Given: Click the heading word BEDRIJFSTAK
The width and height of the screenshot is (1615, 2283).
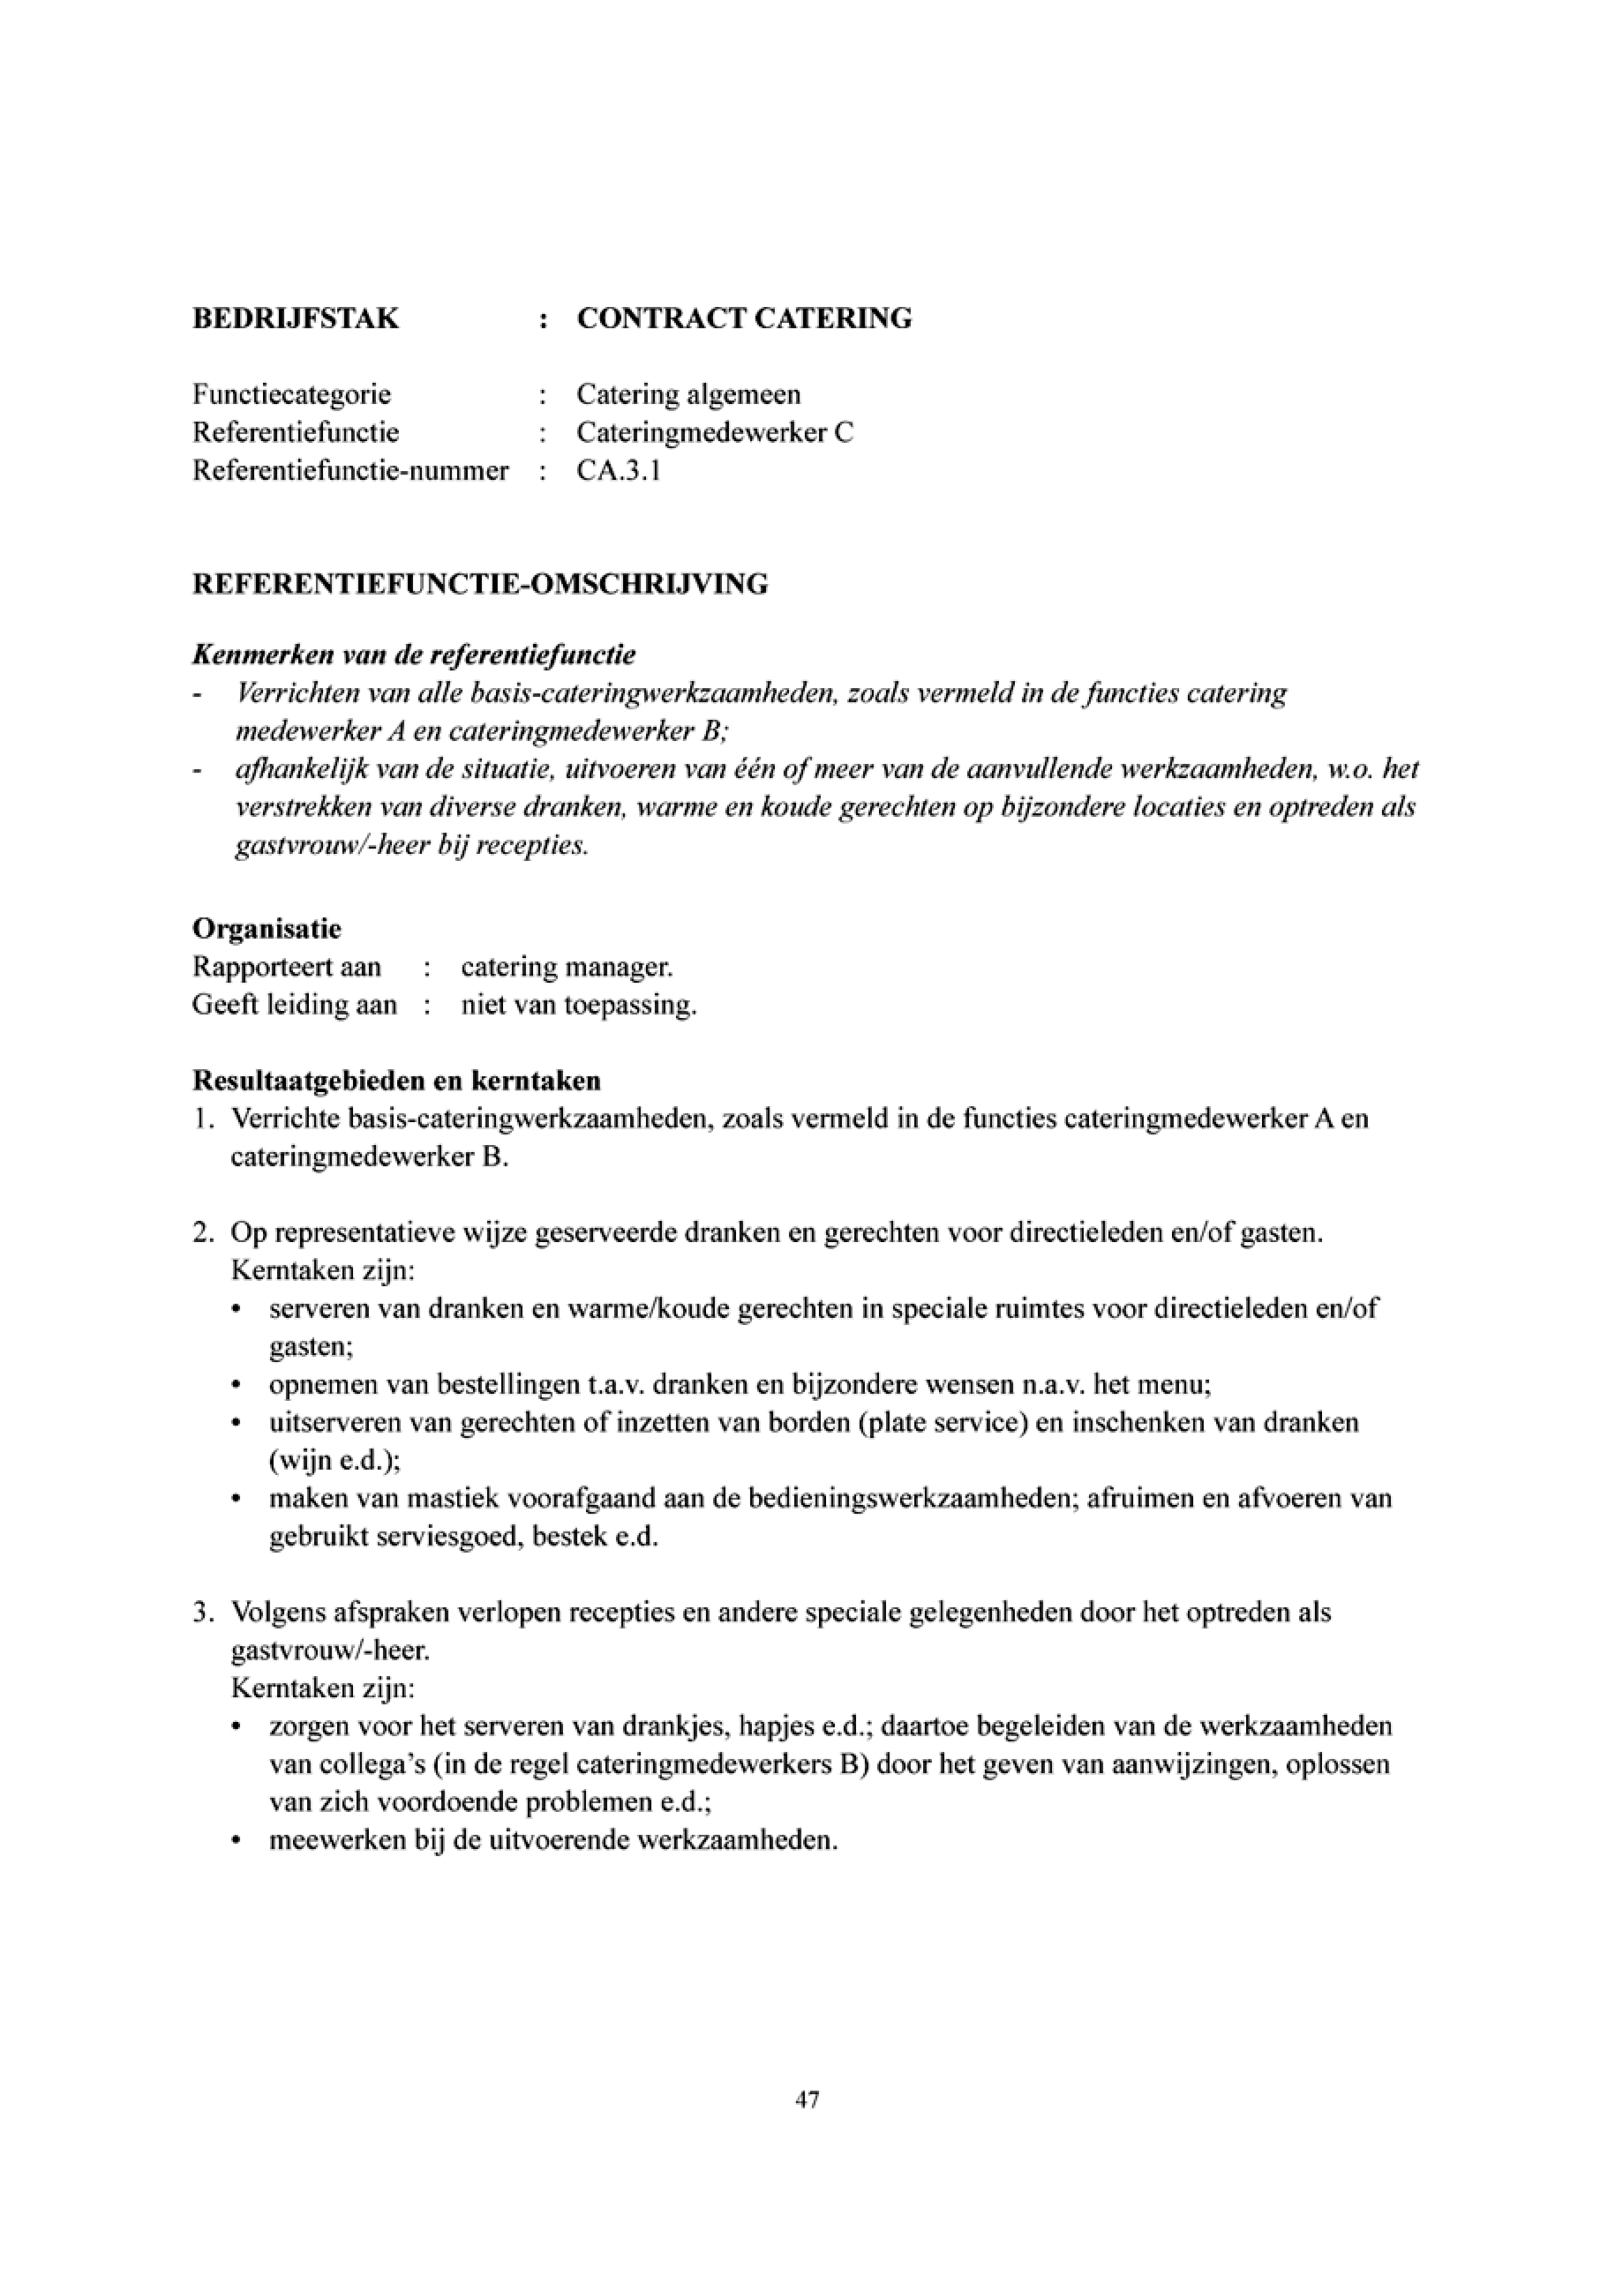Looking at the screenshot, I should click(x=296, y=318).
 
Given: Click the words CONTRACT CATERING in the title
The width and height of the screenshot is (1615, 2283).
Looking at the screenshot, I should click(x=744, y=318).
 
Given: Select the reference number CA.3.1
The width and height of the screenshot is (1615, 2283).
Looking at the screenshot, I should click(x=619, y=470).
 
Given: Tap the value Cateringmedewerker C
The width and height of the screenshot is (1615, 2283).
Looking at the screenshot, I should click(x=715, y=432).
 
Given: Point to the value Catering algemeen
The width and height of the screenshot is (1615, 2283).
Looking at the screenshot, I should click(x=688, y=394).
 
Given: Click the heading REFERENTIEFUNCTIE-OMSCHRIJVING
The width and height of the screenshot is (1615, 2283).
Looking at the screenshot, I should click(x=480, y=584).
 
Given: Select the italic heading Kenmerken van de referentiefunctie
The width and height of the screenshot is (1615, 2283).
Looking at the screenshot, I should click(x=414, y=655).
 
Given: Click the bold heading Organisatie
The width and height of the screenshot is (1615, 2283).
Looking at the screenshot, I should click(x=267, y=929).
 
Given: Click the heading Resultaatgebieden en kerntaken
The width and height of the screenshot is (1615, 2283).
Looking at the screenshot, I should click(x=397, y=1080).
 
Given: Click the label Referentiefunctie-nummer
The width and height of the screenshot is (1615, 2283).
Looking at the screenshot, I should click(x=350, y=470).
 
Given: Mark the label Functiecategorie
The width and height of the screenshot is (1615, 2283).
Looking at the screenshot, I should click(x=291, y=394).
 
